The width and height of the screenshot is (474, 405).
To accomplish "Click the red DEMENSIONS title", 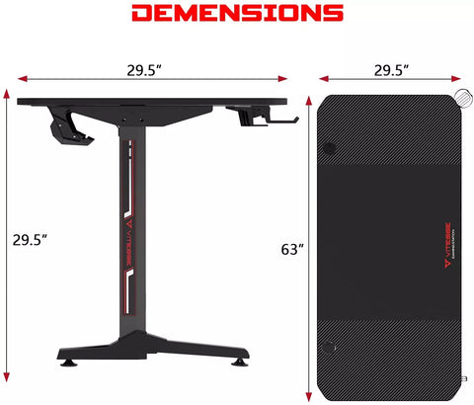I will pos(237,14).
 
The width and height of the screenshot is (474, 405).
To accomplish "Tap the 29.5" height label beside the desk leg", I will pos(30,239).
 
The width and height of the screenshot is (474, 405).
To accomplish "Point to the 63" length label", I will pos(292,250).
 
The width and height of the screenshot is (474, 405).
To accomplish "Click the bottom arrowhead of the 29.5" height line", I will pos(9,379).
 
